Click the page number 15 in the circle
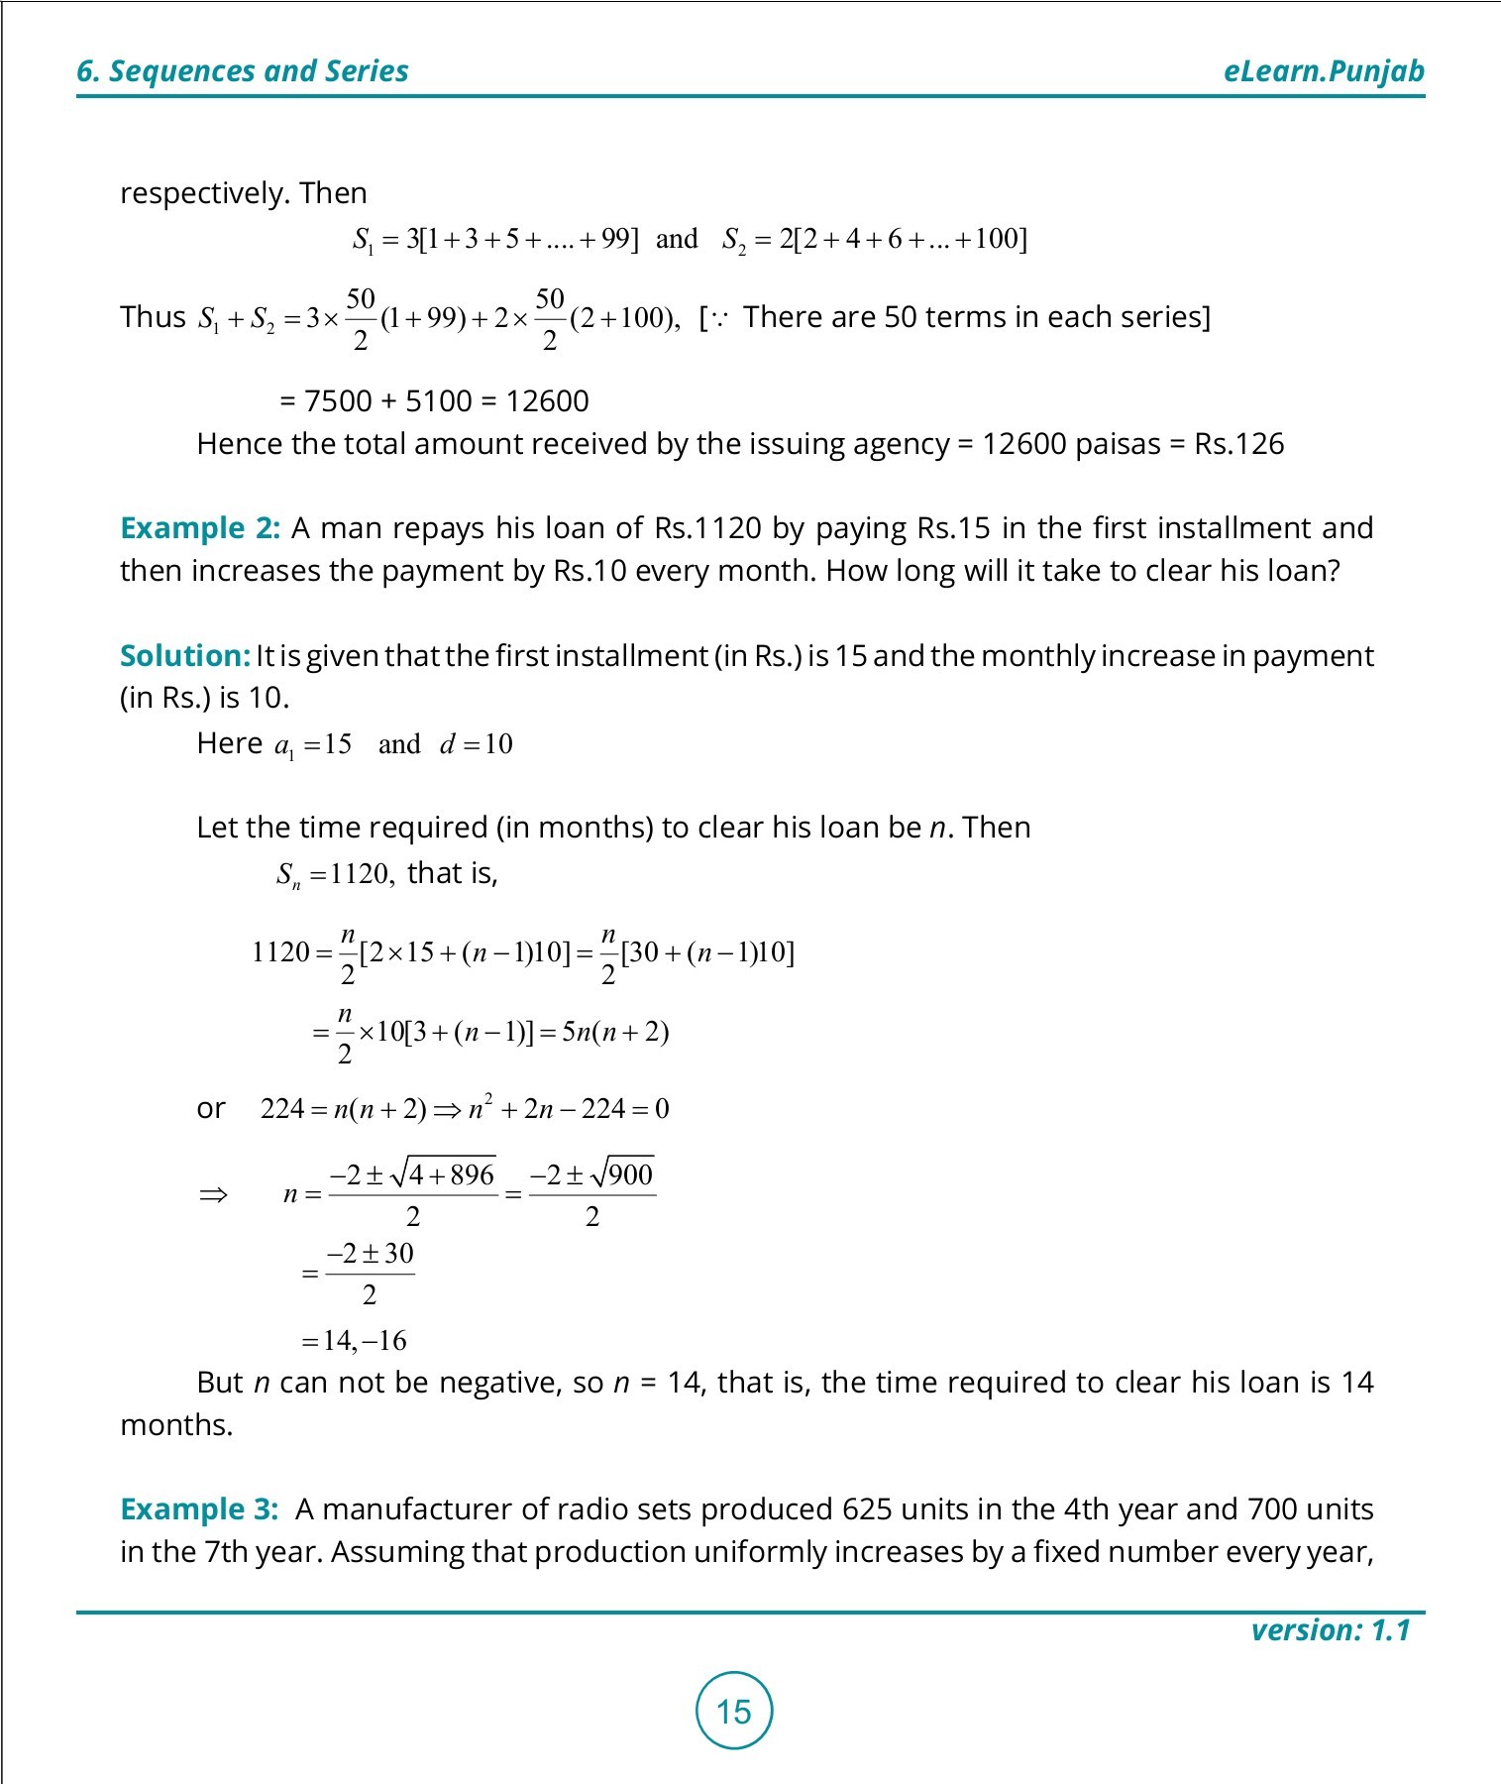[x=733, y=1711]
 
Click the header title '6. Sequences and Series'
[x=243, y=71]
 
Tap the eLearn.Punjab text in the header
[x=1324, y=71]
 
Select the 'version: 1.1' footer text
[x=1330, y=1630]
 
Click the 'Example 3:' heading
[x=199, y=1509]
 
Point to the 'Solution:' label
[x=184, y=656]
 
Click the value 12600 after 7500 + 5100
[x=547, y=401]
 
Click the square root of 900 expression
[x=621, y=1175]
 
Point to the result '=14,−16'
[x=354, y=1341]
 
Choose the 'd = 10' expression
[x=476, y=744]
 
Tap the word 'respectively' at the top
[x=204, y=193]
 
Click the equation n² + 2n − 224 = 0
[x=569, y=1108]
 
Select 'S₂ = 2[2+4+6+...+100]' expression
[x=874, y=240]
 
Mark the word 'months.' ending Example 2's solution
[x=176, y=1425]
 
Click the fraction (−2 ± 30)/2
[x=370, y=1273]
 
